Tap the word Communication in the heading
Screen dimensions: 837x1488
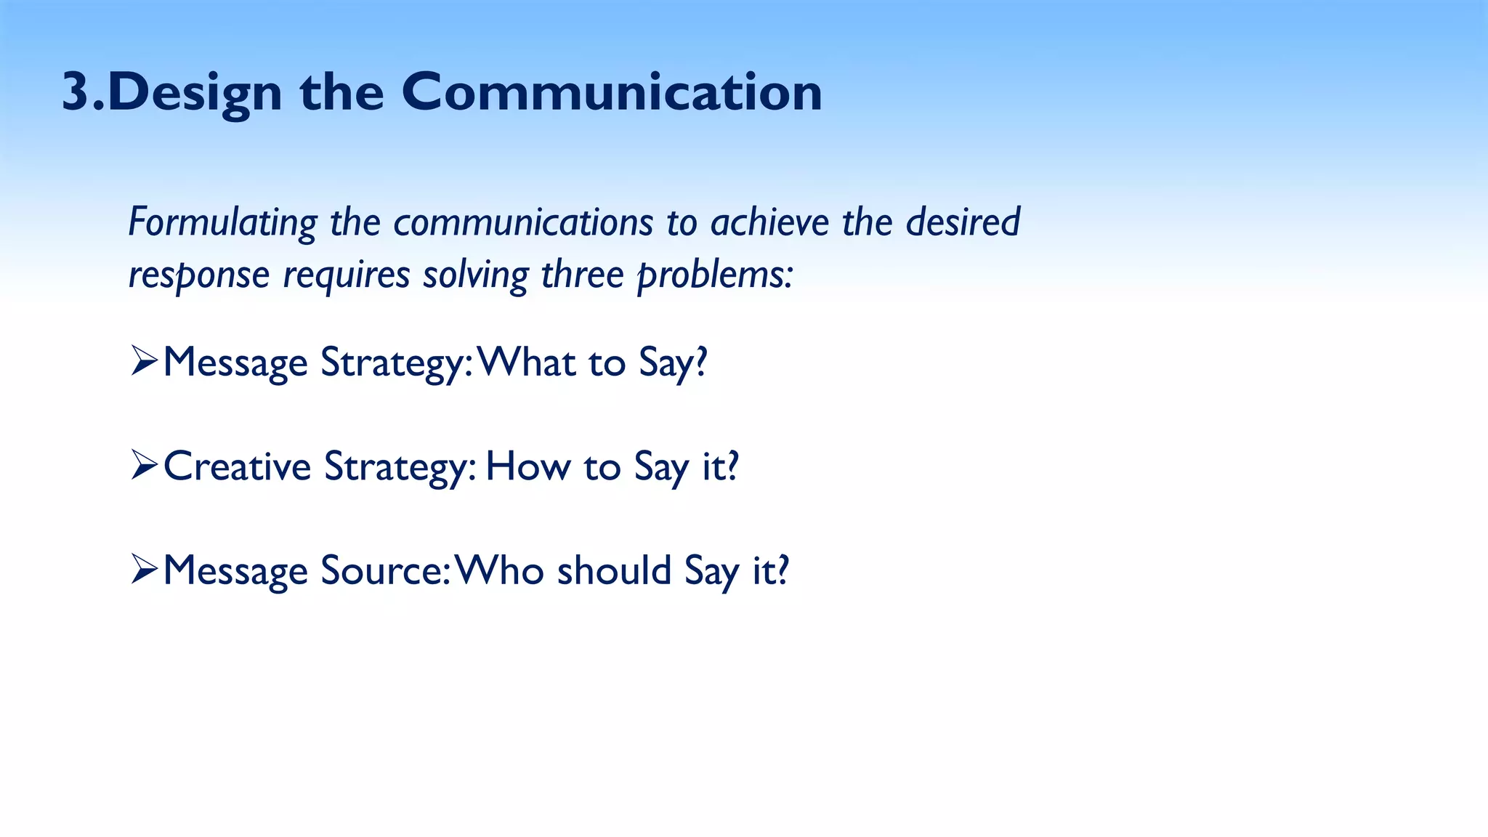[x=611, y=93]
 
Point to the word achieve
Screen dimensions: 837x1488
[x=769, y=222]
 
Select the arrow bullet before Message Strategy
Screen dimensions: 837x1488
[x=144, y=361]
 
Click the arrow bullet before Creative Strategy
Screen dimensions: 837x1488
[x=144, y=465]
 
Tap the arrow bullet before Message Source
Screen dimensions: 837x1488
[x=144, y=569]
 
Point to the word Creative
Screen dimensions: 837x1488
[x=237, y=466]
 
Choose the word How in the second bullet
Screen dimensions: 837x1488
[x=527, y=466]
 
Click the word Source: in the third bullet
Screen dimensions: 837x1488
[x=386, y=570]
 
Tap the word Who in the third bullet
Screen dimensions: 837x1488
[x=498, y=570]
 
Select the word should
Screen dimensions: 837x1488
[x=614, y=570]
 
